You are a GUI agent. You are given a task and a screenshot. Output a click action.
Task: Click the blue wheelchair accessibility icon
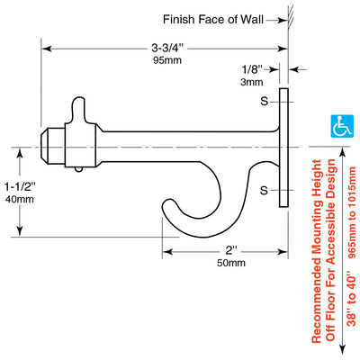tap(342, 126)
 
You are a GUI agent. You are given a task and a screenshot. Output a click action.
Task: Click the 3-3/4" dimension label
tap(167, 48)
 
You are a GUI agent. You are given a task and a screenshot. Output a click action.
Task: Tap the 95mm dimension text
tap(167, 60)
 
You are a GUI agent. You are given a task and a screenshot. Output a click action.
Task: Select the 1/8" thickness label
tap(252, 69)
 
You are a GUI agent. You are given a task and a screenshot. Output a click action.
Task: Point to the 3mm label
tap(252, 82)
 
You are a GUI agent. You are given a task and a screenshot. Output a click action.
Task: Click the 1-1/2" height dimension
tap(20, 187)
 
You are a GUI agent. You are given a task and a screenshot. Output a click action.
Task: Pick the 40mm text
tap(20, 199)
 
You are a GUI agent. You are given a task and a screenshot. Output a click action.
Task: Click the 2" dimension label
tap(231, 250)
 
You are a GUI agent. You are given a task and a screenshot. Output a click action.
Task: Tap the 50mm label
tap(231, 263)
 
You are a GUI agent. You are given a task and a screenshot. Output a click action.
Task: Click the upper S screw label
tap(264, 102)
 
